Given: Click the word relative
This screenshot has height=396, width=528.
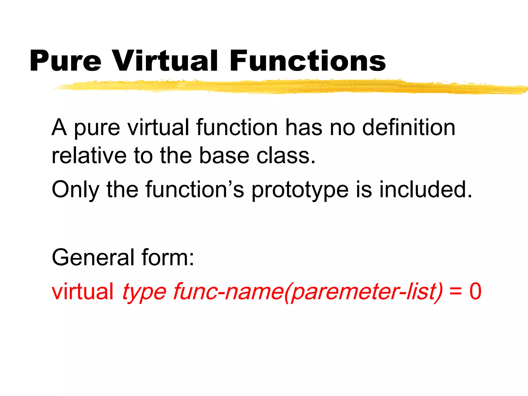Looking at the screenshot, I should coord(89,156).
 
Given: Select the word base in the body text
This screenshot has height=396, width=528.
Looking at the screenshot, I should coord(224,156).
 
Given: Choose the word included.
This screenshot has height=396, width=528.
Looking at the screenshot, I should coord(425,189).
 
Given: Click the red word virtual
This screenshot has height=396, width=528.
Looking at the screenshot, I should coord(82,291).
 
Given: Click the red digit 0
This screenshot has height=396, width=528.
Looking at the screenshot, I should coord(475,291).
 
